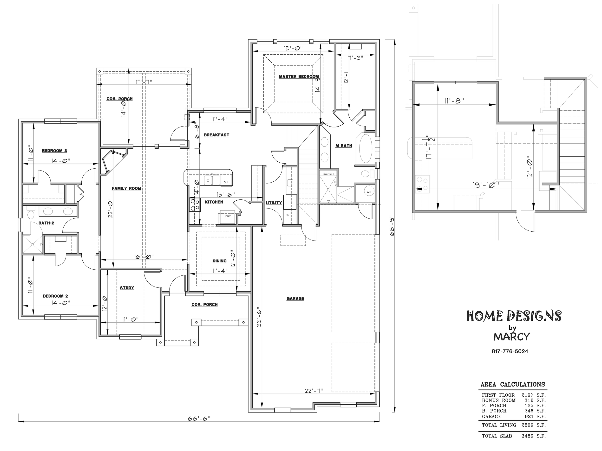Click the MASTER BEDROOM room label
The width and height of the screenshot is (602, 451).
299,77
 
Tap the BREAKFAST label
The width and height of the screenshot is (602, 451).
216,135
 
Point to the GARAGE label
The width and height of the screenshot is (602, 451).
295,298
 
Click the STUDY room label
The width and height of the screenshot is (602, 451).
127,288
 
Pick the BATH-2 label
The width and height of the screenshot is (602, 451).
46,223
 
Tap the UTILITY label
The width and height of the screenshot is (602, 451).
274,203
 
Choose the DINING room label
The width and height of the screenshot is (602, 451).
219,261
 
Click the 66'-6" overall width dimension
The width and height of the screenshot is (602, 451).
199,419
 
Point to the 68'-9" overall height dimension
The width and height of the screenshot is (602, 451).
392,226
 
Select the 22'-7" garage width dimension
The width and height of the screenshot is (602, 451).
314,391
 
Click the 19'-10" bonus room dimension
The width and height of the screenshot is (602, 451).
486,185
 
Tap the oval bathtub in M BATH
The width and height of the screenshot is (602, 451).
366,148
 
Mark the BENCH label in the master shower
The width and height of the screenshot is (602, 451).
328,174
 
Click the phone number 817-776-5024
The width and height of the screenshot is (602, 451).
510,351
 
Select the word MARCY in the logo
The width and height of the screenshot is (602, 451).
512,337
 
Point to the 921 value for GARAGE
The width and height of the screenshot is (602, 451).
529,416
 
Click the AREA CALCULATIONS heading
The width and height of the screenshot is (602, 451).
513,384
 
